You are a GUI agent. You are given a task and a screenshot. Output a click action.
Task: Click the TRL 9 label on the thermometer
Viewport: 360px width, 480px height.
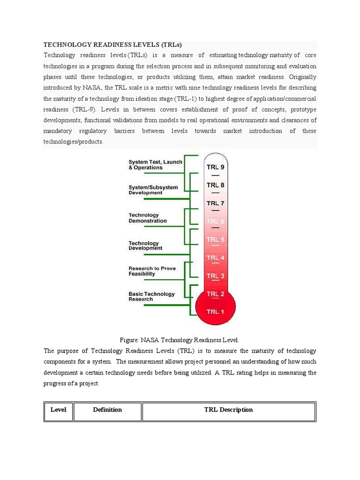215,167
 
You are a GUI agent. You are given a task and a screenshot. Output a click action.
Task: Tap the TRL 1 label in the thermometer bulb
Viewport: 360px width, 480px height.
215,312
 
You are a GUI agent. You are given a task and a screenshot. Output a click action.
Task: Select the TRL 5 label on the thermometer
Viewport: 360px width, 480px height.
215,240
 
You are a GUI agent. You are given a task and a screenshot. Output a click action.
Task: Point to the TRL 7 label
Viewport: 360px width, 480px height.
215,203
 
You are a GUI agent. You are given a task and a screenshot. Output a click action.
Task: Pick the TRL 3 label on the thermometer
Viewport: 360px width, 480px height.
215,276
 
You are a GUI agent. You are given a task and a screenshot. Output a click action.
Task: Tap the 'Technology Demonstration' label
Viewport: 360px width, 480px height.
148,218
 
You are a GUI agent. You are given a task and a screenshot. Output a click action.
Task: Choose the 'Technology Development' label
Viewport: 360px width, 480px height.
145,246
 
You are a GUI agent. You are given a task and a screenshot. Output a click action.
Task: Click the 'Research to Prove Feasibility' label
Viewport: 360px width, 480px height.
152,271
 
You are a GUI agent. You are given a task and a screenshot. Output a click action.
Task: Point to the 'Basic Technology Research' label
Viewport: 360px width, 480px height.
151,296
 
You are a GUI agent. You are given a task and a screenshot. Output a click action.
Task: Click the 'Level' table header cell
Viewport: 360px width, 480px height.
59,410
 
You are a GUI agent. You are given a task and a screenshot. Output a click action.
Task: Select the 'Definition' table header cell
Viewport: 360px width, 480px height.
107,410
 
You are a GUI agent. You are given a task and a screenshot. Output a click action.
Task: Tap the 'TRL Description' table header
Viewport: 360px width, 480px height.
228,410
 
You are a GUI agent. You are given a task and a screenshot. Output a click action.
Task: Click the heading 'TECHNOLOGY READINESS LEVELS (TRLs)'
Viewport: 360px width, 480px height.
112,45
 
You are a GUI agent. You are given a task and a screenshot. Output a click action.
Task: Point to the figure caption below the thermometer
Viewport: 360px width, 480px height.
180,340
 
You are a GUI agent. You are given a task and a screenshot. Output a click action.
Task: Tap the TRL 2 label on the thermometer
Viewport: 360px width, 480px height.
215,294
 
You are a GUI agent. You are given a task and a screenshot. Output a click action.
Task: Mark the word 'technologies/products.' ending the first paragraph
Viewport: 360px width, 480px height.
73,142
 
